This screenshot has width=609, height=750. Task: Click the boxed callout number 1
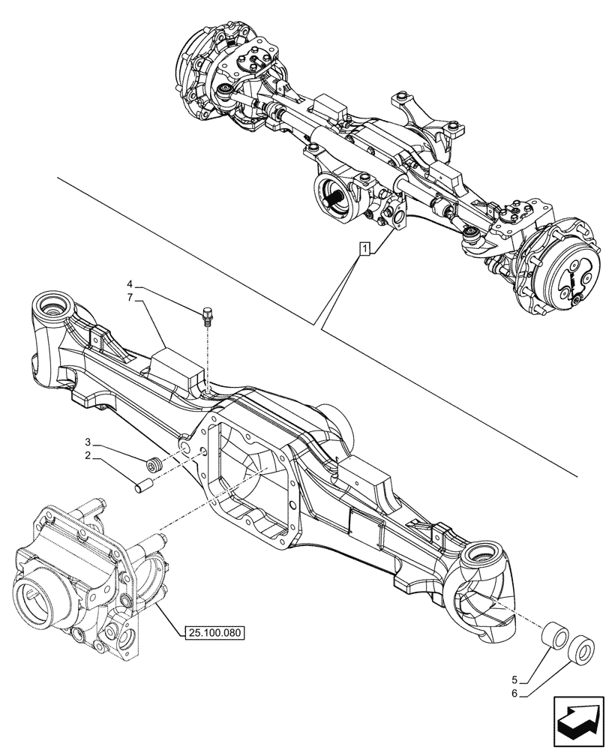click(364, 249)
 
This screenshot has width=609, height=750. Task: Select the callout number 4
click(130, 284)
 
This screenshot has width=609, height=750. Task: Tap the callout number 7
click(130, 298)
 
